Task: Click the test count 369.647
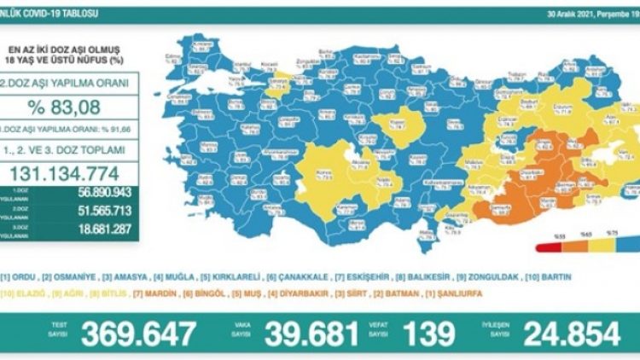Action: (x=138, y=333)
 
